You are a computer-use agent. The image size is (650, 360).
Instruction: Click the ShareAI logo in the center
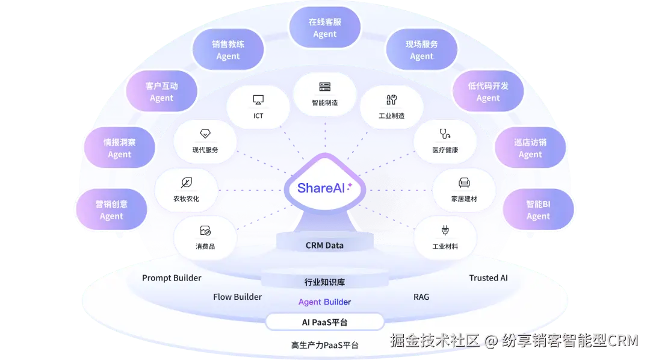coord(324,188)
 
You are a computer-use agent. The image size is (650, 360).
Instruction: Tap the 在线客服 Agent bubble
coord(324,27)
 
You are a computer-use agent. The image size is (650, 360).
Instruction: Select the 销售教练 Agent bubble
coord(228,49)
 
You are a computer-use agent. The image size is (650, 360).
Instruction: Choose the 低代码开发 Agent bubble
coord(488,92)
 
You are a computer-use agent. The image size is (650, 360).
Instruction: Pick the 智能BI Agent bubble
coord(538,209)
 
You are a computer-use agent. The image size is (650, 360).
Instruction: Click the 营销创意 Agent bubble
coord(111,209)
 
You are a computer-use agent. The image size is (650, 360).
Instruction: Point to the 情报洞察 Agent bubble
coord(119,147)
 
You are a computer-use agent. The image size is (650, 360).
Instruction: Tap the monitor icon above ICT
coord(258,100)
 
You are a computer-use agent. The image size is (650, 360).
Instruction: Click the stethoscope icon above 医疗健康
coord(445,134)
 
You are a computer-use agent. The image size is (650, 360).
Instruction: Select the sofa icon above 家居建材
coord(464,182)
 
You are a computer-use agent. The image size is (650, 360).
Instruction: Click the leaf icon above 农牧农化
coord(187,182)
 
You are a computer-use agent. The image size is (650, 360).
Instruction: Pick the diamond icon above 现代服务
coord(205,134)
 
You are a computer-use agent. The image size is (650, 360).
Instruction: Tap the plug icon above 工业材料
coord(445,230)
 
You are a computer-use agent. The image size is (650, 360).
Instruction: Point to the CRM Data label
coord(324,246)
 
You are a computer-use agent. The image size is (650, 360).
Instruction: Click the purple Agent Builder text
coord(324,302)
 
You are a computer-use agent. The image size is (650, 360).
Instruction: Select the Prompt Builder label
coord(172,278)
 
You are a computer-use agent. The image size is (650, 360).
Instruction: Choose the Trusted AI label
coord(488,278)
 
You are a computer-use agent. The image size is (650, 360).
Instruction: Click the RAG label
coord(421,297)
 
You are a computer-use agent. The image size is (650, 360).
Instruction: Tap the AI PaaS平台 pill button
coord(324,322)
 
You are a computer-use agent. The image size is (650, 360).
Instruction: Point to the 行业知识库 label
coord(324,282)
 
